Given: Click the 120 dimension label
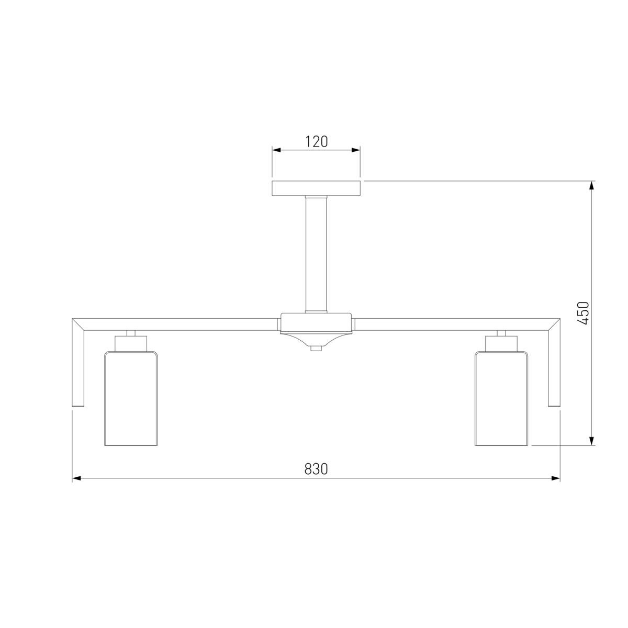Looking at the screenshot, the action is [316, 142].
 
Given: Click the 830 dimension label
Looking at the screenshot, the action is [316, 469].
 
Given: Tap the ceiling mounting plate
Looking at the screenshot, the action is [316, 188].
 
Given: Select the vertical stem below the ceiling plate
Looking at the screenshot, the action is [316, 254].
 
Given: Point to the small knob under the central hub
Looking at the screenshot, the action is [316, 349].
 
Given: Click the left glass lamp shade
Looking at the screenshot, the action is [131, 398].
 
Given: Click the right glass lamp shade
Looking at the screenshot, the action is [501, 398].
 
